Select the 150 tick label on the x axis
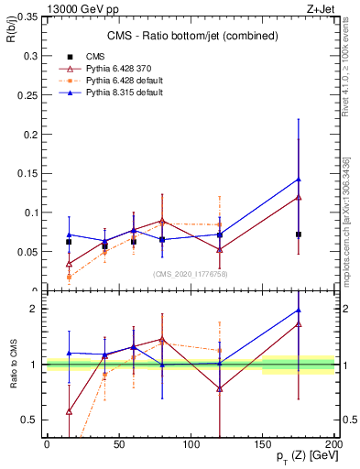pos(263,443)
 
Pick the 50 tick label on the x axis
pos(119,443)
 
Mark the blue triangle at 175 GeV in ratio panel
pos(299,310)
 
